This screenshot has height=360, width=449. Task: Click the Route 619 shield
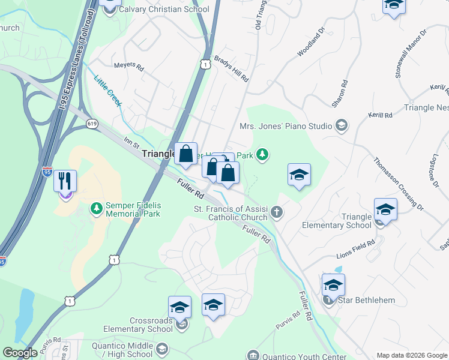(92, 124)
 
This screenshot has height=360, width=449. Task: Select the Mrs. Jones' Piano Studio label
(286, 126)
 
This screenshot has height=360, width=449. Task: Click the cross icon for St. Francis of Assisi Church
(277, 211)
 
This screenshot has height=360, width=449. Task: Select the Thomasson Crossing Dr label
(398, 184)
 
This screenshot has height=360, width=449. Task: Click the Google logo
(20, 353)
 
